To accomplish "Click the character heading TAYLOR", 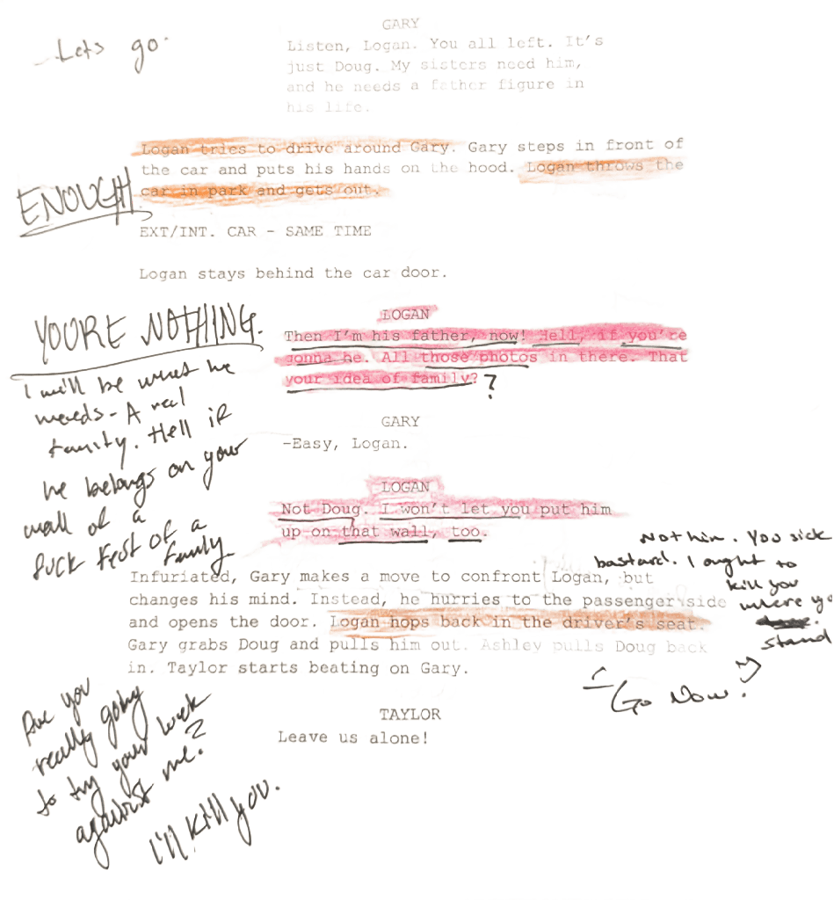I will (410, 715).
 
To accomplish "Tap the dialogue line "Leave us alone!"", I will (352, 738).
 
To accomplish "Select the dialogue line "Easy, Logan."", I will (349, 445).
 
